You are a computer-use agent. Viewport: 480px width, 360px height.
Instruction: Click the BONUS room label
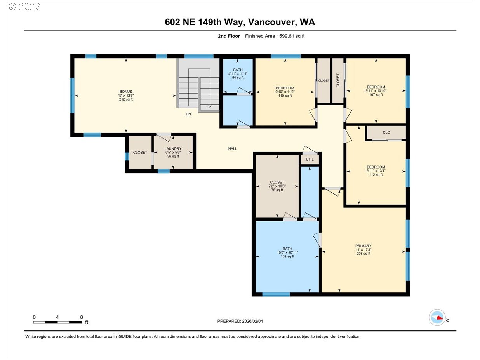(x=126, y=92)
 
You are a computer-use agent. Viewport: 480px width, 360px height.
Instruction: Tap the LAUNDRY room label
(x=173, y=149)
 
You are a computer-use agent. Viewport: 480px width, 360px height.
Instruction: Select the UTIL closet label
(x=310, y=160)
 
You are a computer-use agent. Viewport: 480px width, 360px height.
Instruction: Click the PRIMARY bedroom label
(x=363, y=246)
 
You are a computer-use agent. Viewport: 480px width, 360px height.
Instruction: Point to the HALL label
(x=232, y=148)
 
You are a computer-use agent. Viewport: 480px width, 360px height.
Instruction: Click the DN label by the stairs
(x=188, y=114)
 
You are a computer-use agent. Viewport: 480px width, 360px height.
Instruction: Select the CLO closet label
(x=386, y=132)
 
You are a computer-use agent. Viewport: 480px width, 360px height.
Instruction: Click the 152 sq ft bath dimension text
(x=288, y=256)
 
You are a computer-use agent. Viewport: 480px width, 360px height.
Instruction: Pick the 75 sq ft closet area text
(x=277, y=190)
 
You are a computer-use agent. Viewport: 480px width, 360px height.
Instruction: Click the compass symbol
(x=437, y=317)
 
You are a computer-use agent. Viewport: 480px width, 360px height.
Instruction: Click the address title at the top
(x=240, y=22)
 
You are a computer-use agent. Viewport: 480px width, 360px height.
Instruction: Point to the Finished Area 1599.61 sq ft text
(x=277, y=36)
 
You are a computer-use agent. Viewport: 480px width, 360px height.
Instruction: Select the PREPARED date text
(x=242, y=321)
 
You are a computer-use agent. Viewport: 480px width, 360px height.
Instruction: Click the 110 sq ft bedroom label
(x=285, y=96)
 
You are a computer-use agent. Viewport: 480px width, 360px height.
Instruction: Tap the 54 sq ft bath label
(x=237, y=78)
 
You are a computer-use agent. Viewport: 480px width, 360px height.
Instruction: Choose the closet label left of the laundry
(x=140, y=153)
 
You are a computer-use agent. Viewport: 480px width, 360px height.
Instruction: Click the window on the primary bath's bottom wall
(x=276, y=294)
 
